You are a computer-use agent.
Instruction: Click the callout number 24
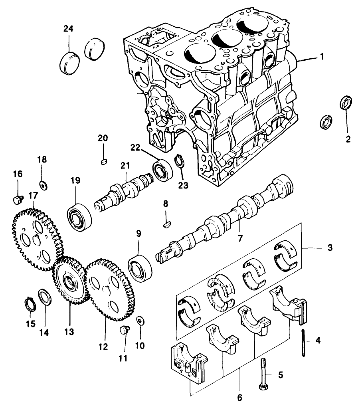click(x=69, y=29)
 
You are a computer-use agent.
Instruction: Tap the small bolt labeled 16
click(x=16, y=198)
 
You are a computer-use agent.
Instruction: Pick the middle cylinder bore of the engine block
click(x=226, y=39)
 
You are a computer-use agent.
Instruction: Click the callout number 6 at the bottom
click(x=239, y=397)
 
